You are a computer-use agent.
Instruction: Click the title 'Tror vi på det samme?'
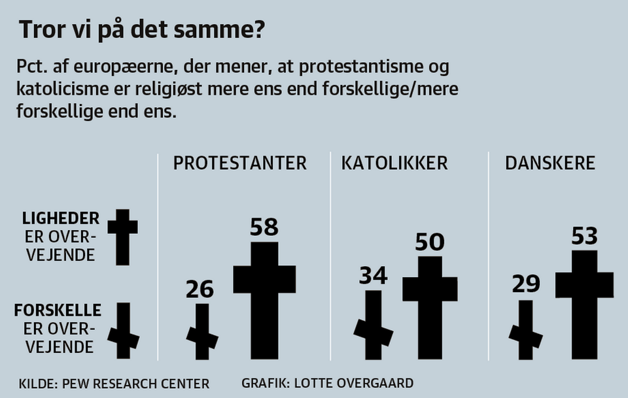click(x=142, y=31)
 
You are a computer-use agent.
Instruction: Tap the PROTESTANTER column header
click(x=239, y=163)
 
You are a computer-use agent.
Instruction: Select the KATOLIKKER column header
click(x=394, y=163)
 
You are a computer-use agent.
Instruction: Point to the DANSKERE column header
click(x=550, y=163)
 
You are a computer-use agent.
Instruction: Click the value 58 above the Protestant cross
click(x=264, y=227)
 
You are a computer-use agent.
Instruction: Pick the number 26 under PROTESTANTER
click(x=201, y=288)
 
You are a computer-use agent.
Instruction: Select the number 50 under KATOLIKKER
click(x=430, y=242)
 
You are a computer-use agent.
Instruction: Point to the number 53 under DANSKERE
click(x=584, y=236)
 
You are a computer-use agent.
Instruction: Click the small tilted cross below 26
click(x=202, y=333)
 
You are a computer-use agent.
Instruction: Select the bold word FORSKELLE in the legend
click(x=58, y=310)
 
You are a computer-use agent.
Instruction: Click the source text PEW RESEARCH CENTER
click(x=135, y=383)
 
